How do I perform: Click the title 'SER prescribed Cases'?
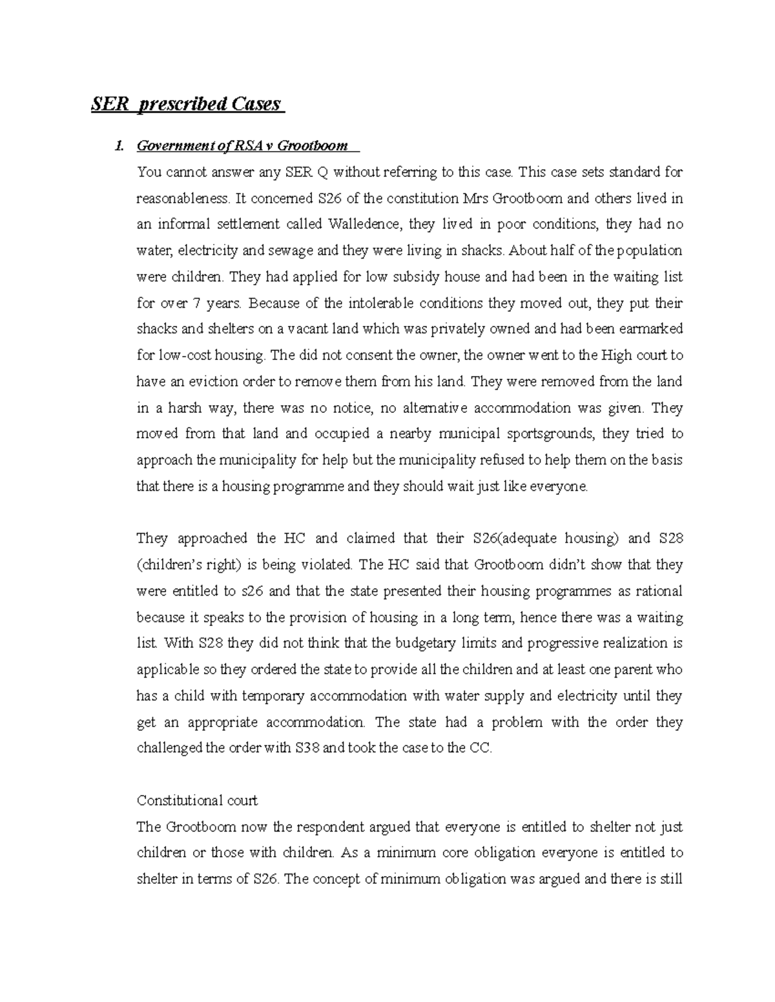186,104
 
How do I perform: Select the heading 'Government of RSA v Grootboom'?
242,146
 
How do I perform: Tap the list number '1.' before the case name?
118,146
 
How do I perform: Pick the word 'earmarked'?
650,329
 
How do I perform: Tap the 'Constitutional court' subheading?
197,801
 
